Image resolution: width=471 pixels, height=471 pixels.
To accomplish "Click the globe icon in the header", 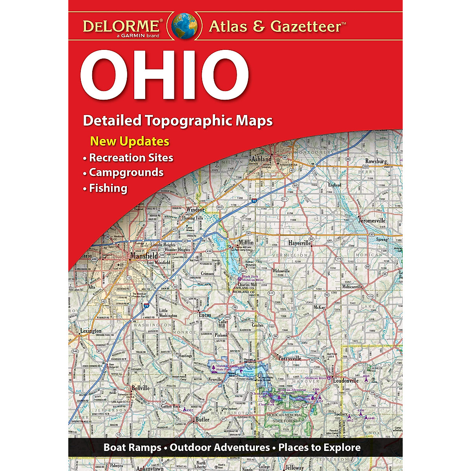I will (x=184, y=26).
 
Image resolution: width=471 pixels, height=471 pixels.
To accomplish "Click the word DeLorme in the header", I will (x=120, y=27).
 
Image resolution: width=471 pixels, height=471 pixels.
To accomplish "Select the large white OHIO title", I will (x=164, y=74).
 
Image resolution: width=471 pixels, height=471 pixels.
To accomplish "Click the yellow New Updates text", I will (x=130, y=141).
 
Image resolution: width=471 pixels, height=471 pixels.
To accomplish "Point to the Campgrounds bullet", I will (x=126, y=172).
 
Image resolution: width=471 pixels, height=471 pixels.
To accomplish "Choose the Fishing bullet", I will (x=108, y=188).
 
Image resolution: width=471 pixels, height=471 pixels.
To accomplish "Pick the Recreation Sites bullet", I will (x=131, y=157).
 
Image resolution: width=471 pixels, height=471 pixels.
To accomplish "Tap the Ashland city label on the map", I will (x=261, y=159).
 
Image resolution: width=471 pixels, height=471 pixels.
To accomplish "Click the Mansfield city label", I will (x=144, y=256).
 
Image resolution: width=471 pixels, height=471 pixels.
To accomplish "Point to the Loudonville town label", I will (x=345, y=380).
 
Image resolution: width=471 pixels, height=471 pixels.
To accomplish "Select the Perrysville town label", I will (x=290, y=358).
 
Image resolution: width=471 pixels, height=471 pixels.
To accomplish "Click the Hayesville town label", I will (x=299, y=243).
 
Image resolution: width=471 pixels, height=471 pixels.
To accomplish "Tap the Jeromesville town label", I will (x=372, y=221).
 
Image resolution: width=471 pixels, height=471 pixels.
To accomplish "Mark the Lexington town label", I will (x=91, y=331).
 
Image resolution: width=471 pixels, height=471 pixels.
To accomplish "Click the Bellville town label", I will (x=141, y=388).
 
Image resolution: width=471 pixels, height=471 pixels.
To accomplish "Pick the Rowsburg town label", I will (x=376, y=161).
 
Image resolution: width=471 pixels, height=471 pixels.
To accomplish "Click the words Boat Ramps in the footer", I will (x=132, y=447).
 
